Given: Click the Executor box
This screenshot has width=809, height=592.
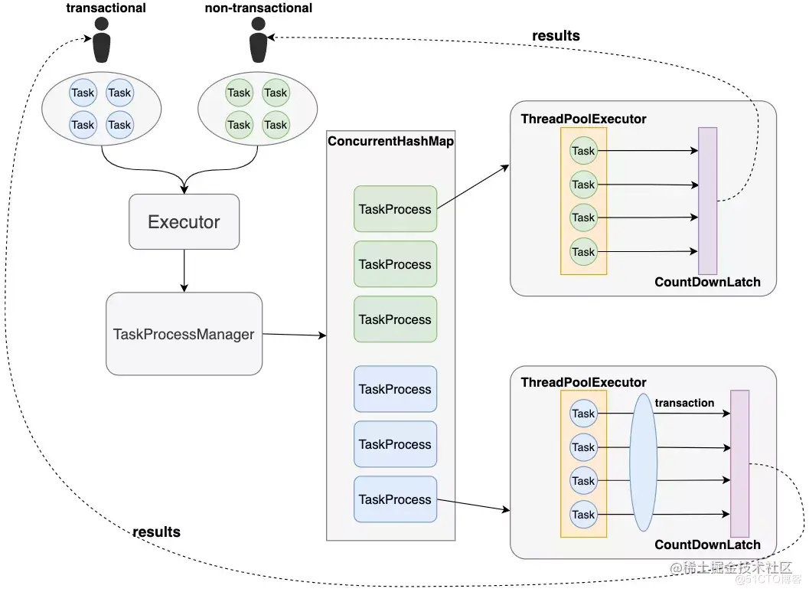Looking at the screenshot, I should [x=184, y=222].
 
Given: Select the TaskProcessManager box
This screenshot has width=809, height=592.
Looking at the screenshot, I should [x=184, y=334].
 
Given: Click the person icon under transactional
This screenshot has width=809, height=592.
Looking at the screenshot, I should [x=102, y=42].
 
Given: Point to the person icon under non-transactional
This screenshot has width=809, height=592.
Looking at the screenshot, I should [x=258, y=42].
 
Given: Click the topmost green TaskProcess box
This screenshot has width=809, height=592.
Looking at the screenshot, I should [x=395, y=209].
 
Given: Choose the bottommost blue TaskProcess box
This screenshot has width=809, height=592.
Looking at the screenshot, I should [x=395, y=499].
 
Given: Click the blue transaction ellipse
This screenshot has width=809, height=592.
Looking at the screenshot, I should [x=644, y=463].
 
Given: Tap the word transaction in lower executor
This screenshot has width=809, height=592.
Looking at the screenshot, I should [x=684, y=403].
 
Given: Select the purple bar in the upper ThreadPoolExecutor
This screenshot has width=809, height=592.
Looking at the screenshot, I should [x=707, y=201].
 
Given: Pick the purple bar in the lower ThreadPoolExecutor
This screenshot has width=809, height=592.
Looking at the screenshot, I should [x=739, y=463].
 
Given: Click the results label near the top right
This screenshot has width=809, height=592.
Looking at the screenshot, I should [x=556, y=35].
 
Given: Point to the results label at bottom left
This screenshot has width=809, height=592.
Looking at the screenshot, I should [x=156, y=531].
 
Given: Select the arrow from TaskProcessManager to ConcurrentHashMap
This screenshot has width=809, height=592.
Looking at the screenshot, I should [x=294, y=335].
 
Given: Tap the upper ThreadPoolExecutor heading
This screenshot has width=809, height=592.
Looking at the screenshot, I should [x=583, y=119].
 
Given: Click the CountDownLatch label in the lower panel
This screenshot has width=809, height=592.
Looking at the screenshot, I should [x=707, y=545].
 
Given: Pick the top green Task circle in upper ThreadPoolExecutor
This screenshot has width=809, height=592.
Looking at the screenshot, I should [x=583, y=151].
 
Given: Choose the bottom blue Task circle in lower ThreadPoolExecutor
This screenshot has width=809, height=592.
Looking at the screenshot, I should [x=583, y=515].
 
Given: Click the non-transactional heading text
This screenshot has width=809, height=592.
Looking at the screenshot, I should [x=259, y=8].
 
